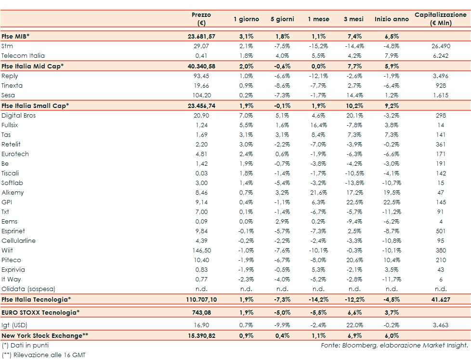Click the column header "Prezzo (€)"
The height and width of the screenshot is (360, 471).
point(201,19)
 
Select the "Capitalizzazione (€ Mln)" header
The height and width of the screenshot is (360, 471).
point(440,19)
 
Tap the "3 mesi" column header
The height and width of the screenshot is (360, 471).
point(354,19)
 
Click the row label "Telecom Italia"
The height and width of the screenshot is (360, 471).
point(23,55)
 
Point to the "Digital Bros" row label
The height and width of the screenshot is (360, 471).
point(19,116)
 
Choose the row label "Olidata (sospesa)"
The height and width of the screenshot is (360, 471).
point(28,289)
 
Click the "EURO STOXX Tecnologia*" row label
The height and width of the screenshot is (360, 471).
point(40,312)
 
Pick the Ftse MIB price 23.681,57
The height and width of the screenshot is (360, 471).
point(202,36)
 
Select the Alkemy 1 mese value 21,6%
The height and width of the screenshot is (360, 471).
point(318,193)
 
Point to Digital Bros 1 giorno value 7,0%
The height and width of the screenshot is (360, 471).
point(246,116)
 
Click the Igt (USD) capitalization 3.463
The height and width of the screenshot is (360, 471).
point(441,325)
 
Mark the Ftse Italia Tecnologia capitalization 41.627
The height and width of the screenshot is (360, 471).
point(441,300)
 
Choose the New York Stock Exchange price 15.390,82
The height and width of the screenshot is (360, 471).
point(202,335)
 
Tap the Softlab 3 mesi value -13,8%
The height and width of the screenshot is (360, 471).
point(354,183)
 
